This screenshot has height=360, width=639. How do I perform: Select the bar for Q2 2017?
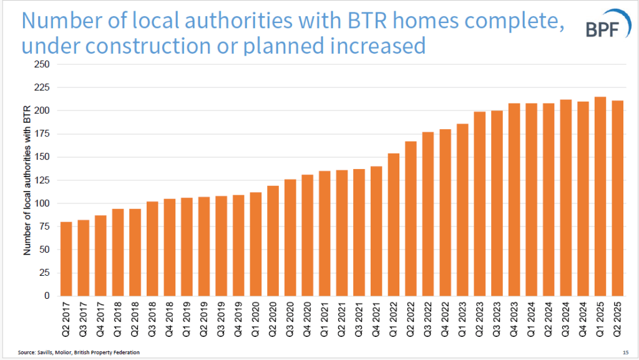click(x=67, y=258)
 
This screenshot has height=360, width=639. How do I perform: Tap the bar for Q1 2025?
click(x=600, y=196)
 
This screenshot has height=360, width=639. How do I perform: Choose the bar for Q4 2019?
click(x=239, y=245)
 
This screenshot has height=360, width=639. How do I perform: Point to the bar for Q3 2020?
click(x=291, y=237)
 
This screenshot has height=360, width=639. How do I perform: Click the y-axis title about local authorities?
click(x=27, y=180)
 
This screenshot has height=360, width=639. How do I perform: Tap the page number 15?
click(x=625, y=353)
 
